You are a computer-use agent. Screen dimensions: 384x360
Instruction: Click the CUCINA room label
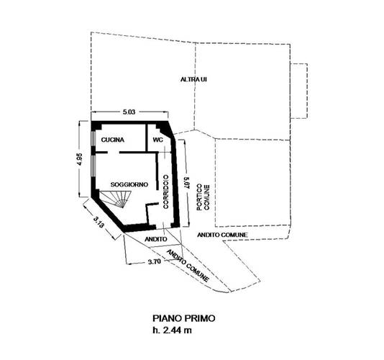click(113, 140)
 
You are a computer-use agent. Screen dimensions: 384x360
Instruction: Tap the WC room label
click(157, 140)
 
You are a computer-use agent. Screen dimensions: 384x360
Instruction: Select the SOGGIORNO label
click(129, 184)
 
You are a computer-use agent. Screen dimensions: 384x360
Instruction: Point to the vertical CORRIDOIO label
click(166, 192)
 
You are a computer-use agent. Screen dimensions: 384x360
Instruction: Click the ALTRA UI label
click(193, 79)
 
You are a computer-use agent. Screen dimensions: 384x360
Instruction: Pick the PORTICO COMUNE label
click(204, 197)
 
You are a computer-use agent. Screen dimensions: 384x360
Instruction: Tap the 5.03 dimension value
click(129, 112)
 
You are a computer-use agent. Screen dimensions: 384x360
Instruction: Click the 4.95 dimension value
click(80, 159)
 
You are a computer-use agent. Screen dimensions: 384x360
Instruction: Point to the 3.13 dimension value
click(99, 222)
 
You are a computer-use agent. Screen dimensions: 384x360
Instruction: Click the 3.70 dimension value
click(155, 261)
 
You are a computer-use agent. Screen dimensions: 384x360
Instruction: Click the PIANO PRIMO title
click(184, 318)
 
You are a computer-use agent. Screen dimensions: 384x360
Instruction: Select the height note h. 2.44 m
click(172, 330)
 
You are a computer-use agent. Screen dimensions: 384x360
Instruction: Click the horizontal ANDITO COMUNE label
click(222, 235)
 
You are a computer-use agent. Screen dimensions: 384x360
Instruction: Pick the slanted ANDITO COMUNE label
click(188, 266)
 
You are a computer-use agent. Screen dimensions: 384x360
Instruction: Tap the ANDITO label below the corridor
click(156, 239)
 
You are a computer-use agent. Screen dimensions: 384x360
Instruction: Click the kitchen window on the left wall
click(93, 139)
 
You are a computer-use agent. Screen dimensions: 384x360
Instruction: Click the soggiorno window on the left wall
click(93, 166)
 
